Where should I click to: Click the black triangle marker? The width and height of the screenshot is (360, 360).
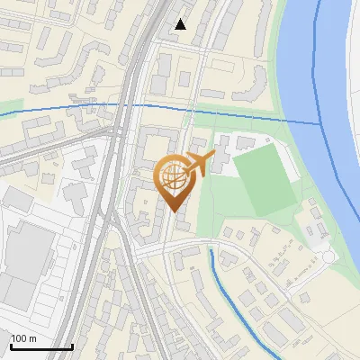click(181, 24)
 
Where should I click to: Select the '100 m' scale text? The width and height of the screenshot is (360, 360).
click(23, 338)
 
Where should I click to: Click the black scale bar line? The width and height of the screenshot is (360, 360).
click(40, 346)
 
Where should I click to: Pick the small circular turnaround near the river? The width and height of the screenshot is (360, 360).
click(328, 257)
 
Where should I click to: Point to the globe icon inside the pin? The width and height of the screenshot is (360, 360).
click(172, 177)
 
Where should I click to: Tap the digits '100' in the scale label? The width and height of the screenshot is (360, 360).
click(19, 338)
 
